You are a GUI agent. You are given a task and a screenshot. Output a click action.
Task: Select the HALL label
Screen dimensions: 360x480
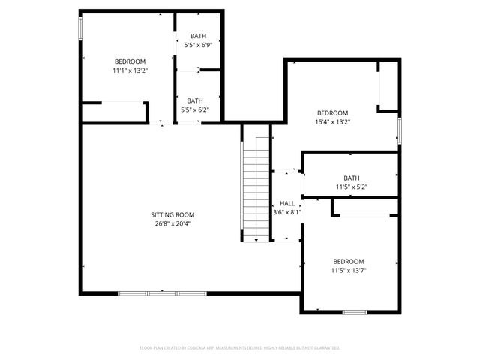click(x=287, y=203)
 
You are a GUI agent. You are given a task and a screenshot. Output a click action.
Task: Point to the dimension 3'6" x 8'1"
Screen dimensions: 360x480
click(x=287, y=212)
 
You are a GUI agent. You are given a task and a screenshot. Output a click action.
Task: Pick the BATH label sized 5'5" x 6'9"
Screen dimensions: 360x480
click(x=197, y=36)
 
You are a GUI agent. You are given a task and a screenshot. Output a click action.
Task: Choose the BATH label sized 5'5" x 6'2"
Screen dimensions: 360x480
click(x=195, y=100)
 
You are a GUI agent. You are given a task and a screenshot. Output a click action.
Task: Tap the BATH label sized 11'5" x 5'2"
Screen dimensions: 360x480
click(x=352, y=178)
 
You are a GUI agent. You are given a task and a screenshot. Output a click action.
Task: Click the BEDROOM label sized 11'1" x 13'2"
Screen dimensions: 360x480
click(x=130, y=61)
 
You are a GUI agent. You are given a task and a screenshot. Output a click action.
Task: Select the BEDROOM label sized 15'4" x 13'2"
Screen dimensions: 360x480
click(x=331, y=112)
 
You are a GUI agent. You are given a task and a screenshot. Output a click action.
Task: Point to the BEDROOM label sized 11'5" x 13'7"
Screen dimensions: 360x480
click(x=349, y=261)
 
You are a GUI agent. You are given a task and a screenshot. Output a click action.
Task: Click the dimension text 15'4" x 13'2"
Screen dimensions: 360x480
click(x=331, y=121)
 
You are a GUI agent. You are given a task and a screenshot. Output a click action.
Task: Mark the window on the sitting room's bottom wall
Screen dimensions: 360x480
click(x=148, y=292)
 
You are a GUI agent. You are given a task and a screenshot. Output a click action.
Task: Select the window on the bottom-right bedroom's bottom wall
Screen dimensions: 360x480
click(x=354, y=310)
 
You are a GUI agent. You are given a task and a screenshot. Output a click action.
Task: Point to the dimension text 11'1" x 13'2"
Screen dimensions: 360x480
click(x=130, y=70)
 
